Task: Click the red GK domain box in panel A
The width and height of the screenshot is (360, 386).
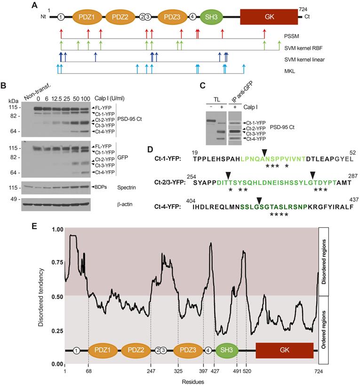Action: coord(269,17)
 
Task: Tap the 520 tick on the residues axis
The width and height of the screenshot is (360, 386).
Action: coord(246,371)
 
